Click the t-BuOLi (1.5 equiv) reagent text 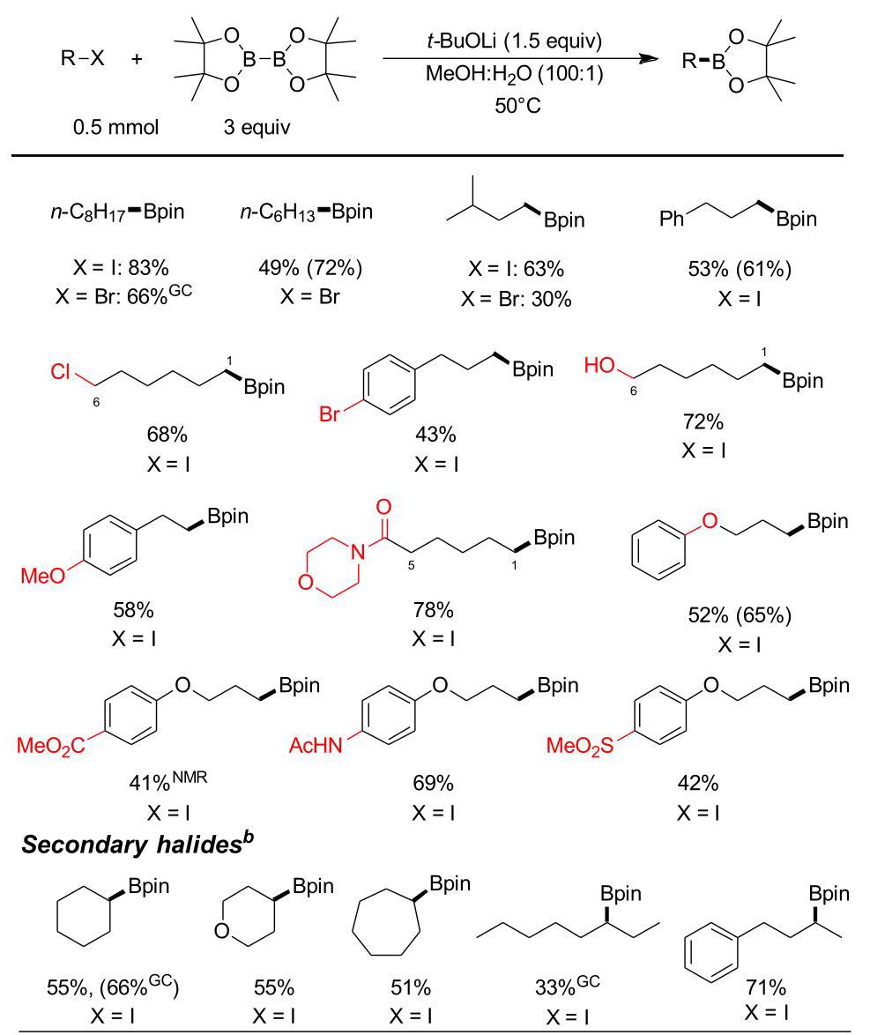[514, 41]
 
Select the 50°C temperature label [517, 105]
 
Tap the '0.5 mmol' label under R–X [116, 126]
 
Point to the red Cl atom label [60, 372]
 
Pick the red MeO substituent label [43, 576]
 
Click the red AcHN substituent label [316, 746]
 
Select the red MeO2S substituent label [580, 746]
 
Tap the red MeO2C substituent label [51, 746]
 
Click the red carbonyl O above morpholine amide [383, 507]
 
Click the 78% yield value [433, 610]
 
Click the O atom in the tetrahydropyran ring [222, 931]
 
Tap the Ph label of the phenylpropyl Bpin [672, 219]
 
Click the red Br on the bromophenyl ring [330, 413]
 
